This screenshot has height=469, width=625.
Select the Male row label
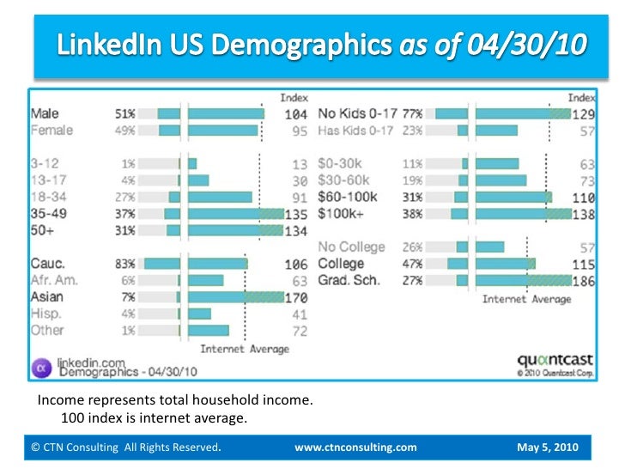[x=46, y=113]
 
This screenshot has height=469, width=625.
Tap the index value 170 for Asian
[x=296, y=296]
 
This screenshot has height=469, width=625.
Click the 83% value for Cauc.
[x=124, y=264]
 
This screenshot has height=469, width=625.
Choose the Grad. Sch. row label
[x=349, y=280]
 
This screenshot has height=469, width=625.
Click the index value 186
[x=584, y=280]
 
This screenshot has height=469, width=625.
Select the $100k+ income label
[x=340, y=214]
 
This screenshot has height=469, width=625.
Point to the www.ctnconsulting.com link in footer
[x=355, y=448]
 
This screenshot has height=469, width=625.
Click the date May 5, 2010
[x=548, y=448]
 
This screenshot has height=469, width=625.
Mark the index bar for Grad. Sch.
[x=523, y=280]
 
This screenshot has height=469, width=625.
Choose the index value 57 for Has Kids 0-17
[x=587, y=131]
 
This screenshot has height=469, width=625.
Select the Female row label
[x=52, y=131]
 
